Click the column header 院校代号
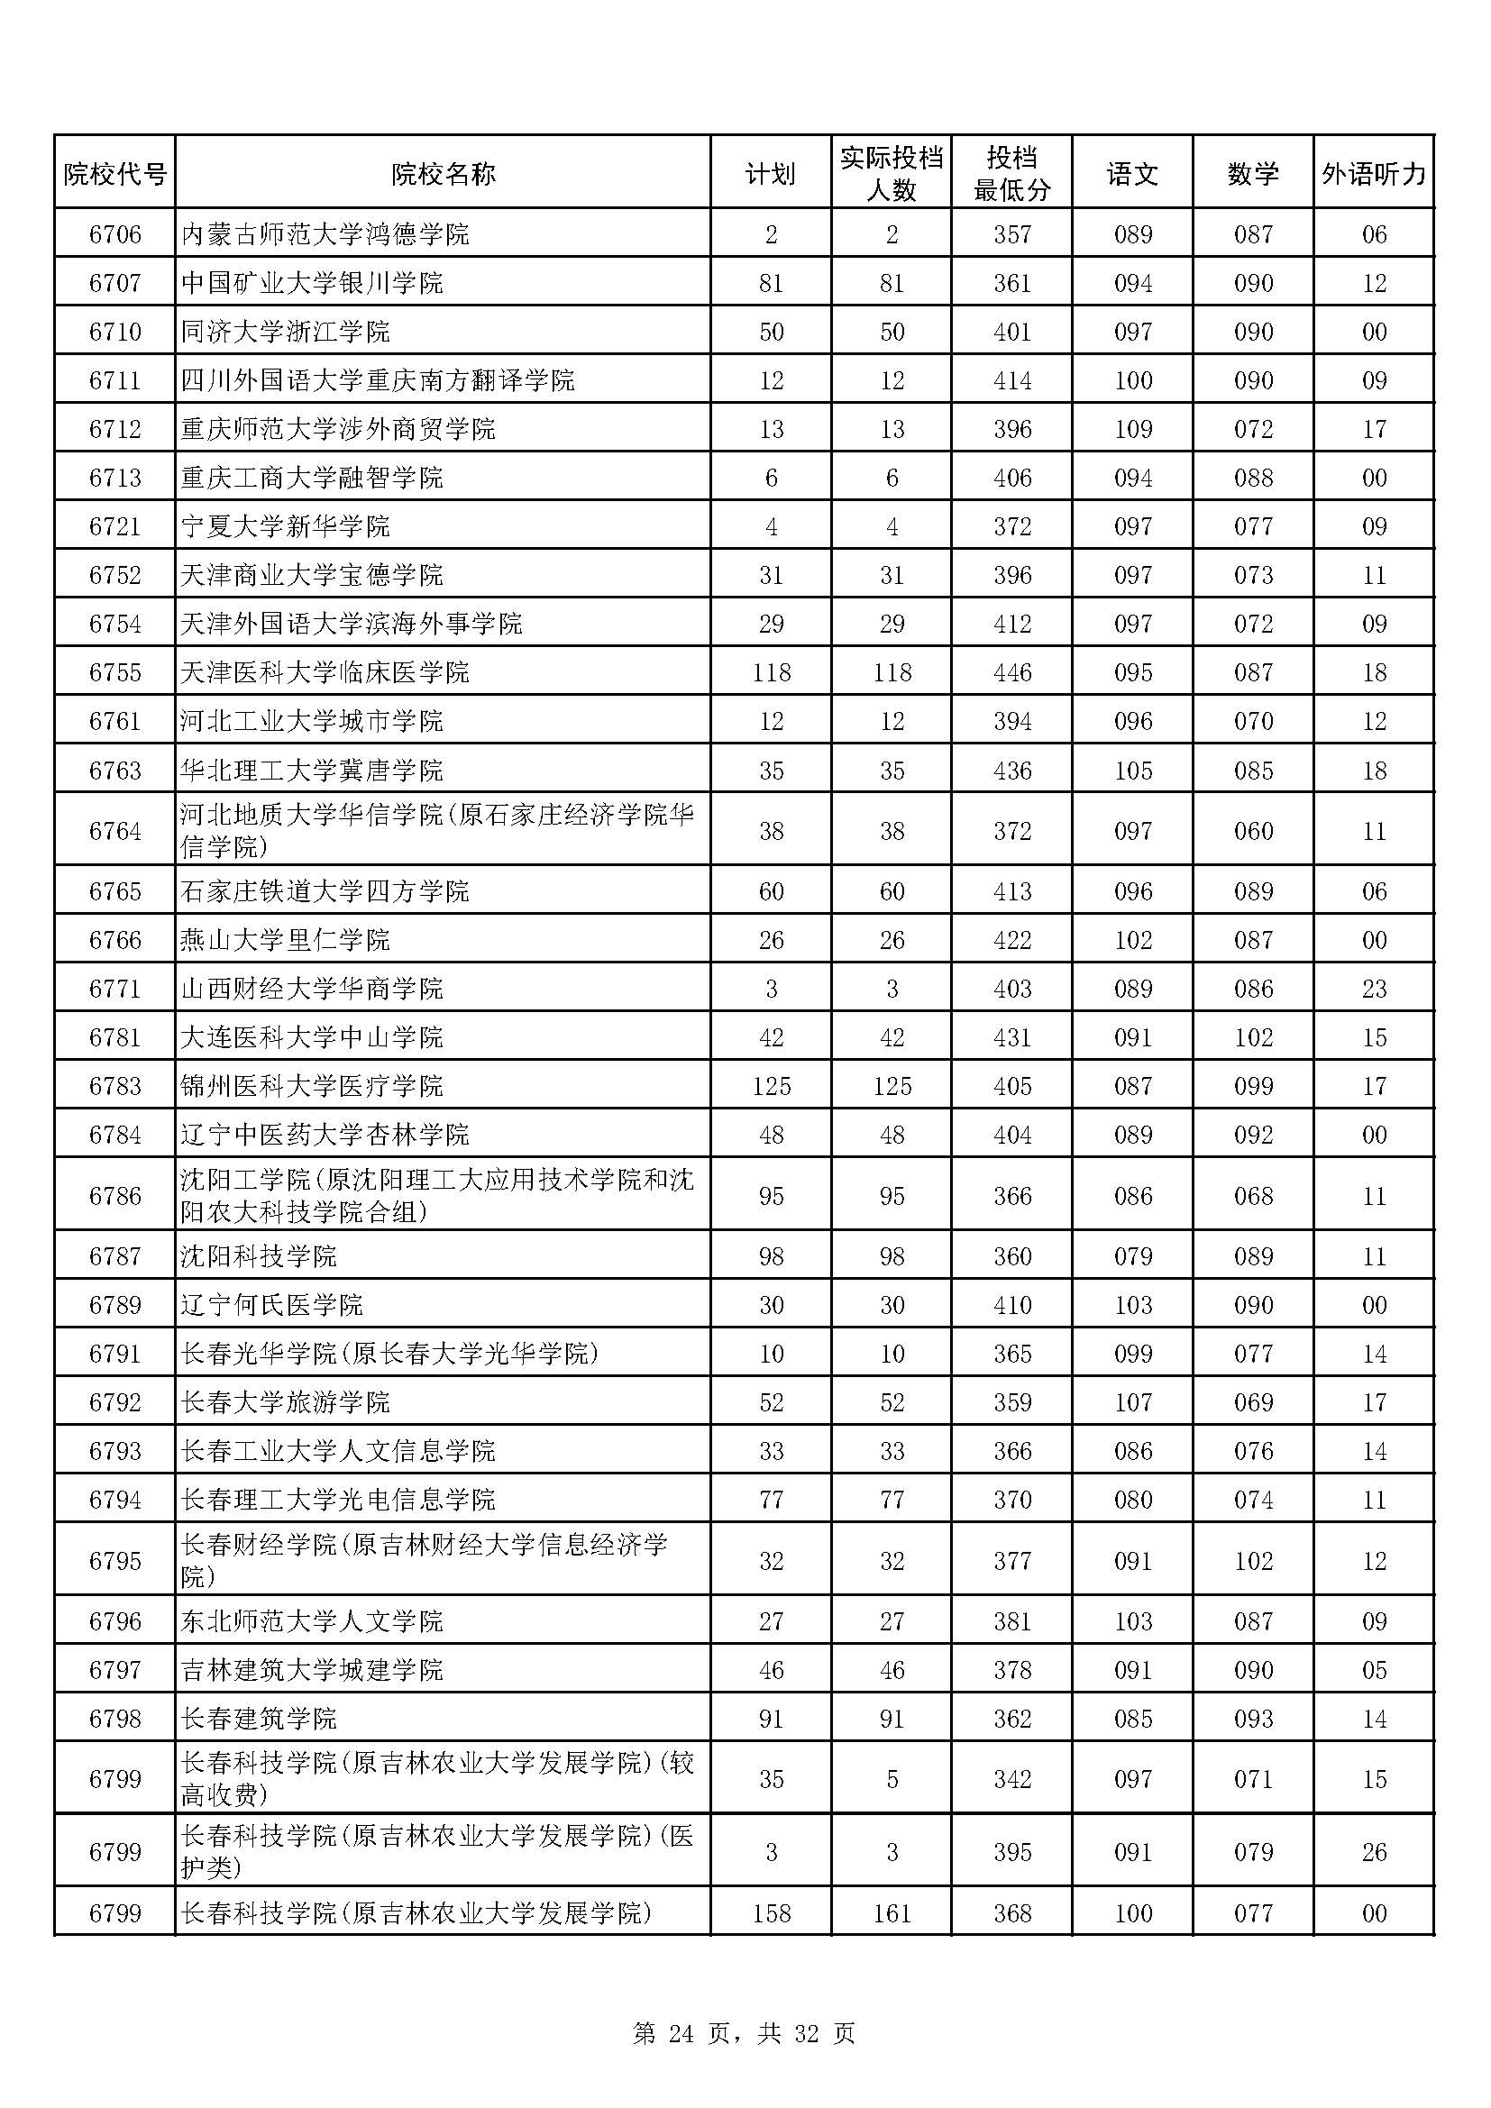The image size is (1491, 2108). (x=114, y=174)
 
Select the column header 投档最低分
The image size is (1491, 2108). (x=1011, y=174)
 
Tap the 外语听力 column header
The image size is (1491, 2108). (x=1374, y=174)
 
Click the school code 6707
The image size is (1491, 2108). (x=114, y=283)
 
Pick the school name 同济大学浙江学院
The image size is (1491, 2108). (x=286, y=332)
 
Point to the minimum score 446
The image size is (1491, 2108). (x=1011, y=672)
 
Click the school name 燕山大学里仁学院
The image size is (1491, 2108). (x=286, y=940)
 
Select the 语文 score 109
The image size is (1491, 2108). (x=1132, y=429)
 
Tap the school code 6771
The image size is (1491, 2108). (x=114, y=989)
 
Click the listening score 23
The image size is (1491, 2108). (x=1374, y=989)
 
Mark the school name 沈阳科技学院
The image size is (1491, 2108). (x=259, y=1256)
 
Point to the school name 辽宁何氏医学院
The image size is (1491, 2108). (x=271, y=1305)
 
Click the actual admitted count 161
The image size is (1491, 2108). (x=892, y=1913)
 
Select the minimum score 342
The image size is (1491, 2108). (x=1011, y=1779)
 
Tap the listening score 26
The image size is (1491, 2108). (x=1374, y=1852)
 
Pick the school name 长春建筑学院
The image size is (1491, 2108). (x=259, y=1719)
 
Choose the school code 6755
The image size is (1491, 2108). (x=114, y=672)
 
